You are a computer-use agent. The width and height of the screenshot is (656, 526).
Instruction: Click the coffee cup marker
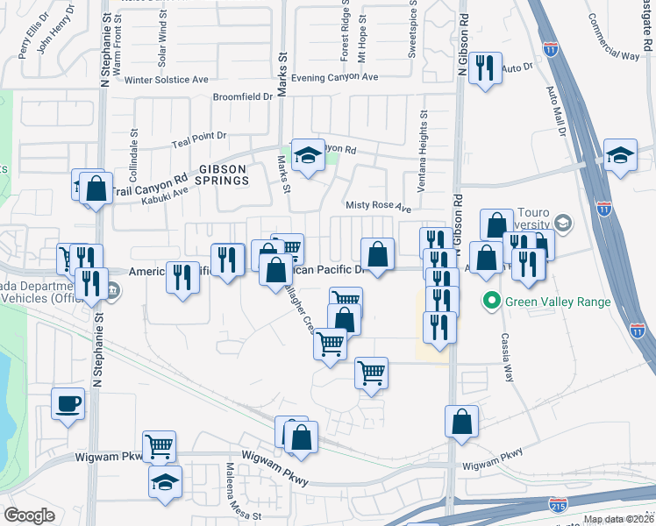coord(68,404)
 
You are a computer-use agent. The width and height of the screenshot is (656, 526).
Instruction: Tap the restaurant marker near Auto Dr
coord(485,68)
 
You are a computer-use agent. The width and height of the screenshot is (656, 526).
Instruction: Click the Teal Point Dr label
coord(199,137)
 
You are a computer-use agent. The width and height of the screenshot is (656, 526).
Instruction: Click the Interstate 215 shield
coord(557,505)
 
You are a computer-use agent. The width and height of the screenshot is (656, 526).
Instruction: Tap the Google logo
coord(30,515)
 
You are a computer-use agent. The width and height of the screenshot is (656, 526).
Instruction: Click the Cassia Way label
coord(506,358)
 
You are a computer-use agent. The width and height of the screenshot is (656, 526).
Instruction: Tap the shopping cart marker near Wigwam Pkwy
coord(159,446)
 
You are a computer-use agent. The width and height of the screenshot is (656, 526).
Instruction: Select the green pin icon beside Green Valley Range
coord(491,303)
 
